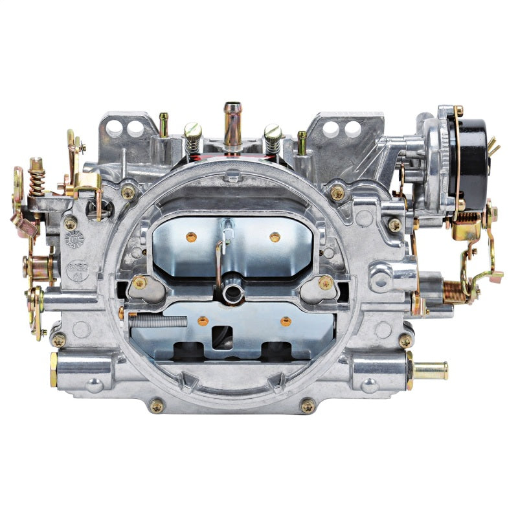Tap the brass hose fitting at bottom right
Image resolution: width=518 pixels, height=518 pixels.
coord(430,370)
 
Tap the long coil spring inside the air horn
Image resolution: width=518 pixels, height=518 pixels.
coord(158,319)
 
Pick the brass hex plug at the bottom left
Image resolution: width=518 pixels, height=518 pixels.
coord(54,370)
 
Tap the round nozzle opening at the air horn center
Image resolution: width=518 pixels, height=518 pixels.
coord(231,293)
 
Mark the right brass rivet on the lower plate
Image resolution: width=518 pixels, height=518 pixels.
coord(285,321)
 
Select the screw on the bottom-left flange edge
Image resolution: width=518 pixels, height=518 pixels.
coord(156,405)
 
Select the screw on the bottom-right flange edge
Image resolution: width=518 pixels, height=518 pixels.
coord(308,406)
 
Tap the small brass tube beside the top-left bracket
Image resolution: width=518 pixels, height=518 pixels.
coord(164,124)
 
